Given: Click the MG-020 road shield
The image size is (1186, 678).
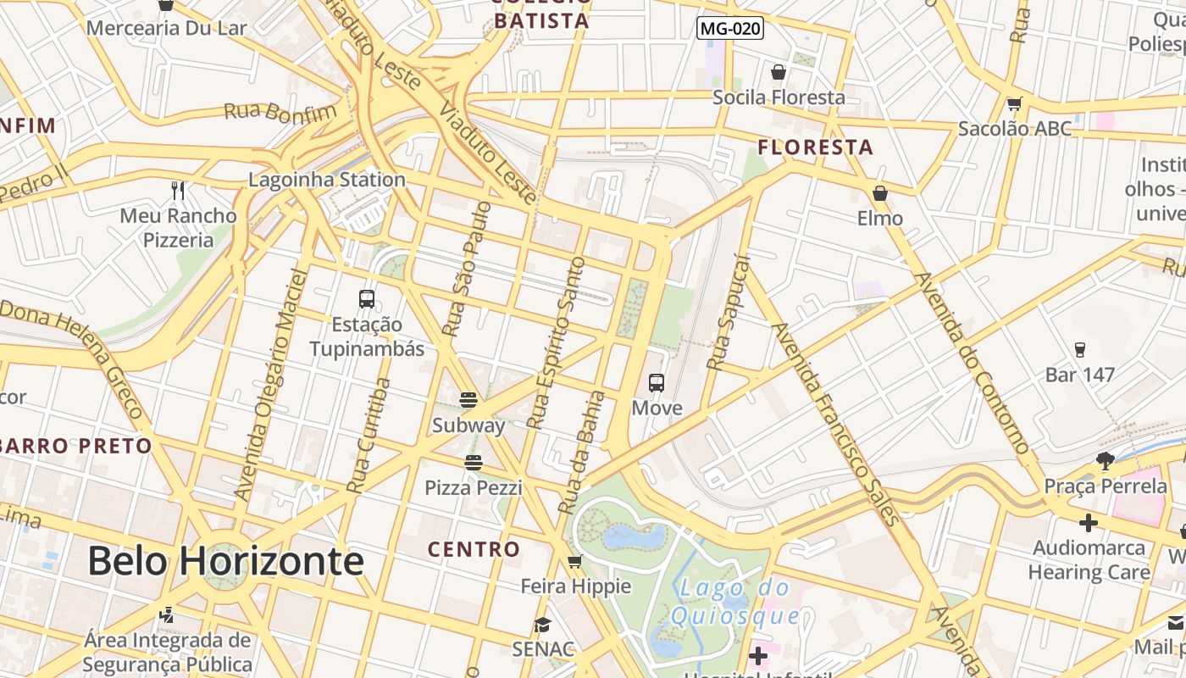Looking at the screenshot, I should click(x=730, y=29).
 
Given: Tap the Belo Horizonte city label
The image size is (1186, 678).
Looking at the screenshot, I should click(x=226, y=561).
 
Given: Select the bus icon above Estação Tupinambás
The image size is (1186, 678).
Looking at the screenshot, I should click(x=367, y=298).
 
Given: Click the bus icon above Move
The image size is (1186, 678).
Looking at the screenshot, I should click(x=657, y=382).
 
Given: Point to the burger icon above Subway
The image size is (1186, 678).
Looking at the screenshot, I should click(x=468, y=399).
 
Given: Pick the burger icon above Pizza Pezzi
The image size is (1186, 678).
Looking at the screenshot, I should click(x=473, y=462).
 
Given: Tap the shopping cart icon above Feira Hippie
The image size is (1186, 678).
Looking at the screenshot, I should click(x=575, y=561).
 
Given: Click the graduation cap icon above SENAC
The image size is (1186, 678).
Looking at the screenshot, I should click(x=541, y=625).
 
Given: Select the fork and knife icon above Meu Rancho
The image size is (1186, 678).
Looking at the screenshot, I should click(x=178, y=190).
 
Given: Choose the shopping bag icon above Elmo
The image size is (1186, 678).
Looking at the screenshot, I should click(x=880, y=193).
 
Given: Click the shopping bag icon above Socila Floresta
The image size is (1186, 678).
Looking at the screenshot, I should click(x=779, y=72).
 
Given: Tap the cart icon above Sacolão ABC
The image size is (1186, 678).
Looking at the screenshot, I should click(x=1014, y=104).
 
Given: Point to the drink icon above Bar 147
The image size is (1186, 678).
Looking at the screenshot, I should click(x=1079, y=349).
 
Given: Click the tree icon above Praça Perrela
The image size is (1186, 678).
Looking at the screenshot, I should click(x=1105, y=461).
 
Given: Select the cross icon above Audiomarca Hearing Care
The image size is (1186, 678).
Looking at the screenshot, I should click(x=1089, y=523).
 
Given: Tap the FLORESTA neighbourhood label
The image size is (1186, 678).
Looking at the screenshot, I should click(x=815, y=147).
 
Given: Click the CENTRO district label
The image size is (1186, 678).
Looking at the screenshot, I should click(x=474, y=549).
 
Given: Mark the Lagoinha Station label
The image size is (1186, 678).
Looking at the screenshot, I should click(x=327, y=180).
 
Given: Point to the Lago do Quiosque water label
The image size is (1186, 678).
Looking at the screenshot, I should click(x=735, y=602).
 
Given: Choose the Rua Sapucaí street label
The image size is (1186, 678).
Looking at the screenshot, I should click(x=729, y=314).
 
